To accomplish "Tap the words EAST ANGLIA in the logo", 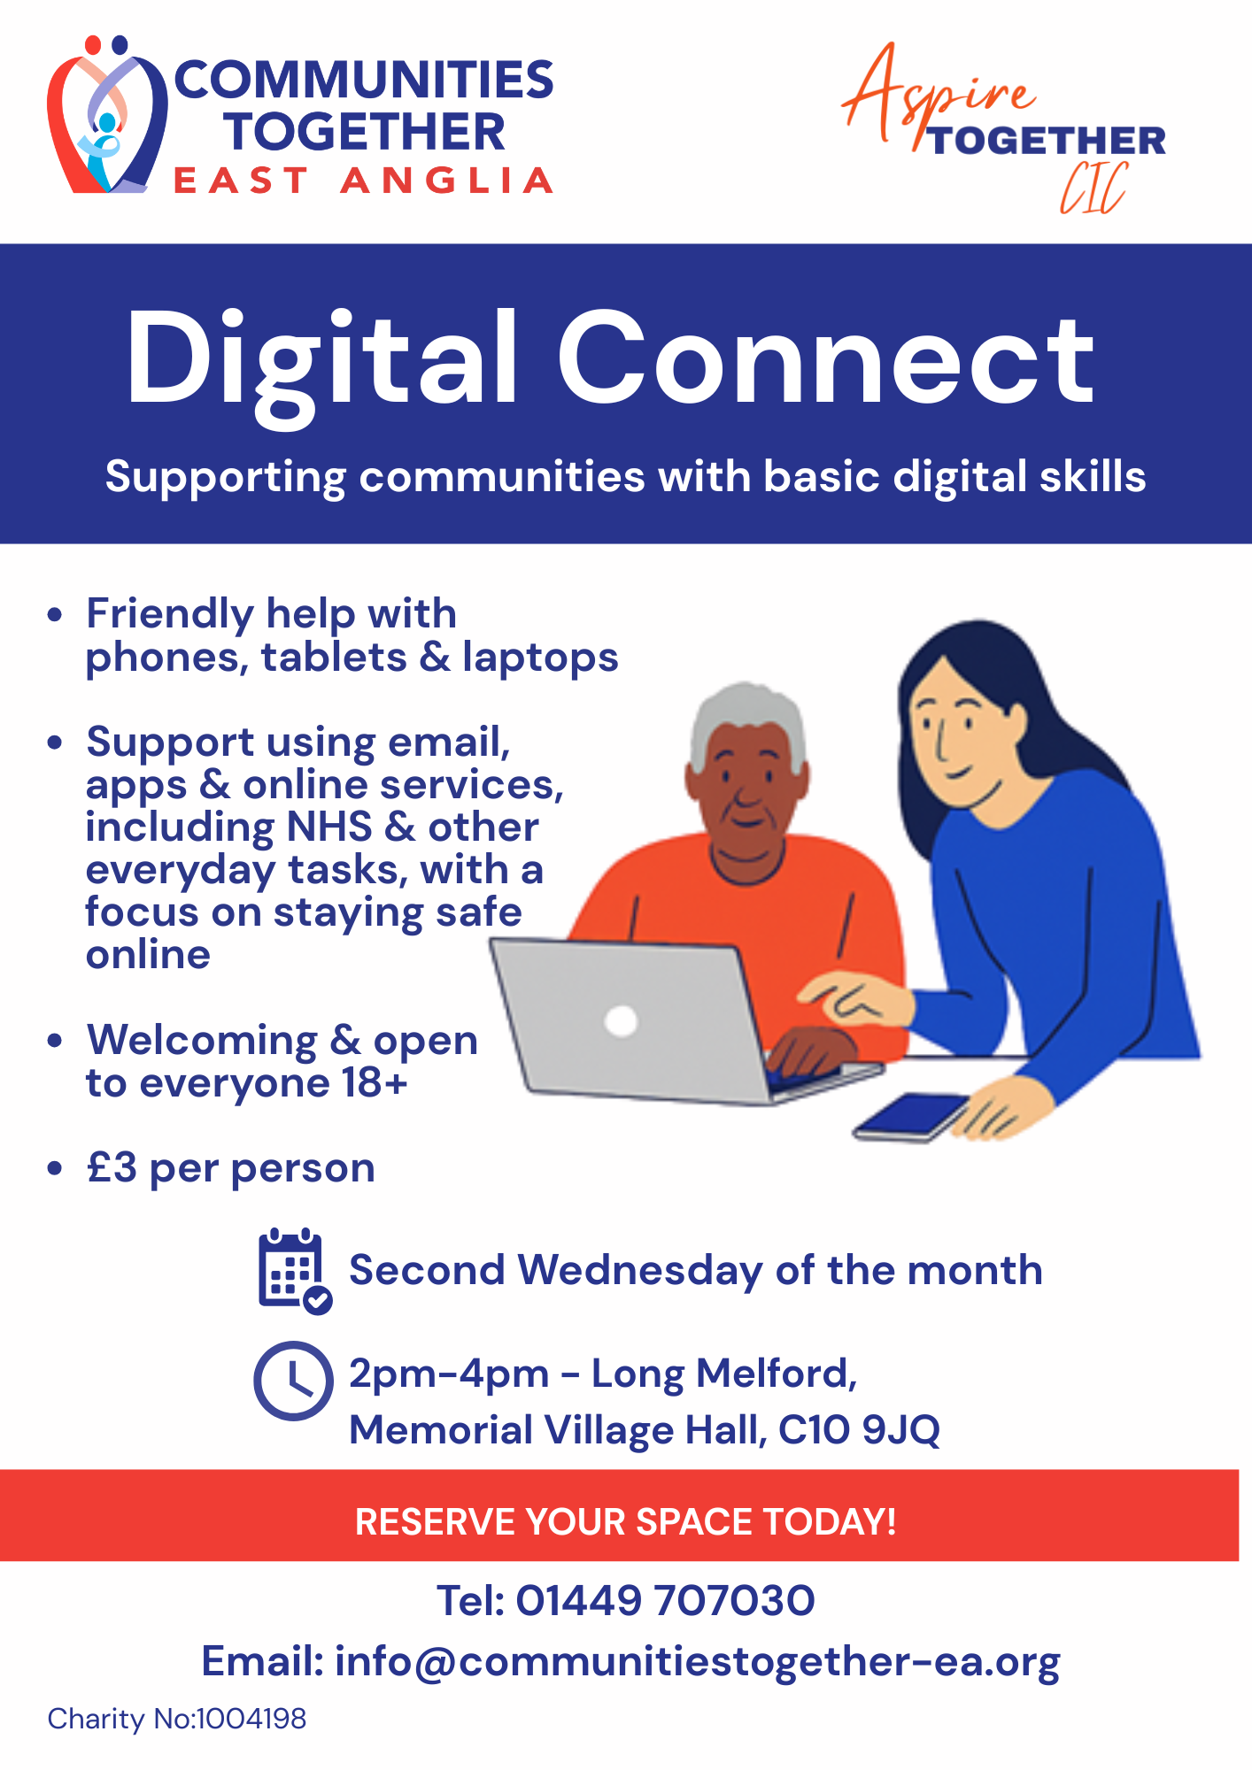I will [363, 181].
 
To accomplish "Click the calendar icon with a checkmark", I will [293, 1271].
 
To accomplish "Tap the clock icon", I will [293, 1381].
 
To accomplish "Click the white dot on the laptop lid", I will [621, 1020].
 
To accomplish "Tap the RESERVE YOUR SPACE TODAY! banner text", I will [625, 1522].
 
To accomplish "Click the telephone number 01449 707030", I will [665, 1601].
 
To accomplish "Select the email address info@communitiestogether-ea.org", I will [697, 1661].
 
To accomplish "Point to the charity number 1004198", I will [251, 1719].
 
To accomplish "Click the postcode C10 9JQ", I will [859, 1429].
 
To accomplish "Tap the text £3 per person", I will [231, 1168].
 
